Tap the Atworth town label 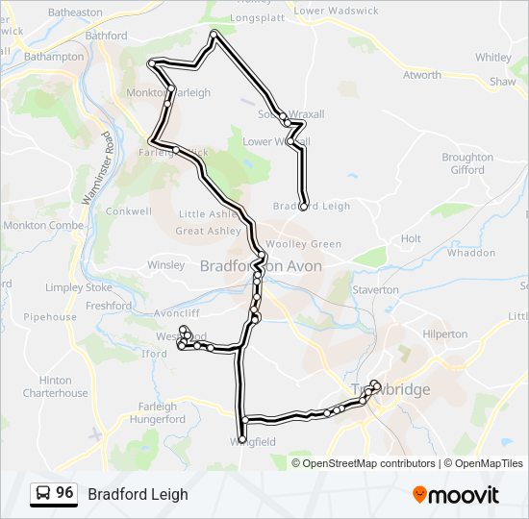[x=422, y=75]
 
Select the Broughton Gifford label [x=467, y=163]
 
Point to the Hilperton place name [x=443, y=334]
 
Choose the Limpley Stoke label [x=79, y=287]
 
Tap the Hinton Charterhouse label [x=56, y=386]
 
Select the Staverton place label [x=375, y=289]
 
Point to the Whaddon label [x=471, y=254]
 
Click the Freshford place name [x=109, y=306]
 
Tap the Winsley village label [x=165, y=265]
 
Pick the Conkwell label [x=129, y=211]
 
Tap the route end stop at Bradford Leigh [x=304, y=206]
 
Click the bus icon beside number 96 [x=44, y=494]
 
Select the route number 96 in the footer [x=65, y=493]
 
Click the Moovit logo [x=456, y=495]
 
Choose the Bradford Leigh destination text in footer [x=138, y=495]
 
